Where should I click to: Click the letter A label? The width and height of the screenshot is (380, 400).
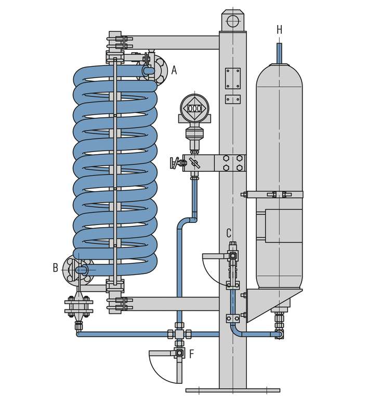coord(174,70)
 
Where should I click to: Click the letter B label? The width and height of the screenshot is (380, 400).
coord(56,268)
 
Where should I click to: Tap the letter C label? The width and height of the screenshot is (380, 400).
coord(229,233)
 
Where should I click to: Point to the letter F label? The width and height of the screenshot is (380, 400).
coord(192,354)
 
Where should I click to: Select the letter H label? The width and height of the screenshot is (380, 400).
coord(280,30)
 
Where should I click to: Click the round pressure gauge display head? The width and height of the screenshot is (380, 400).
coord(194,108)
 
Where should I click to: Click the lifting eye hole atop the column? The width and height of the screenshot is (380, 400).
coord(232,21)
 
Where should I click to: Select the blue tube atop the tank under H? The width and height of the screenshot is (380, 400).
coord(279,53)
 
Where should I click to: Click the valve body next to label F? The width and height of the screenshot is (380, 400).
coord(179,353)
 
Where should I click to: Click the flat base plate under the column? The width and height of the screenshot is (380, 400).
coord(232,390)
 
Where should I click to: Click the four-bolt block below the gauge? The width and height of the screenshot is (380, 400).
coord(232,163)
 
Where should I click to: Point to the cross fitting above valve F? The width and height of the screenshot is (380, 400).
coord(179,333)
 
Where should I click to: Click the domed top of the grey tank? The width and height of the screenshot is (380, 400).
coord(279,73)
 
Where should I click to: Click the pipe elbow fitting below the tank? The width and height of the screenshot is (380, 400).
coord(280,334)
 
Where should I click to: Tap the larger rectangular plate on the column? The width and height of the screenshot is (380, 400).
coord(232,78)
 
